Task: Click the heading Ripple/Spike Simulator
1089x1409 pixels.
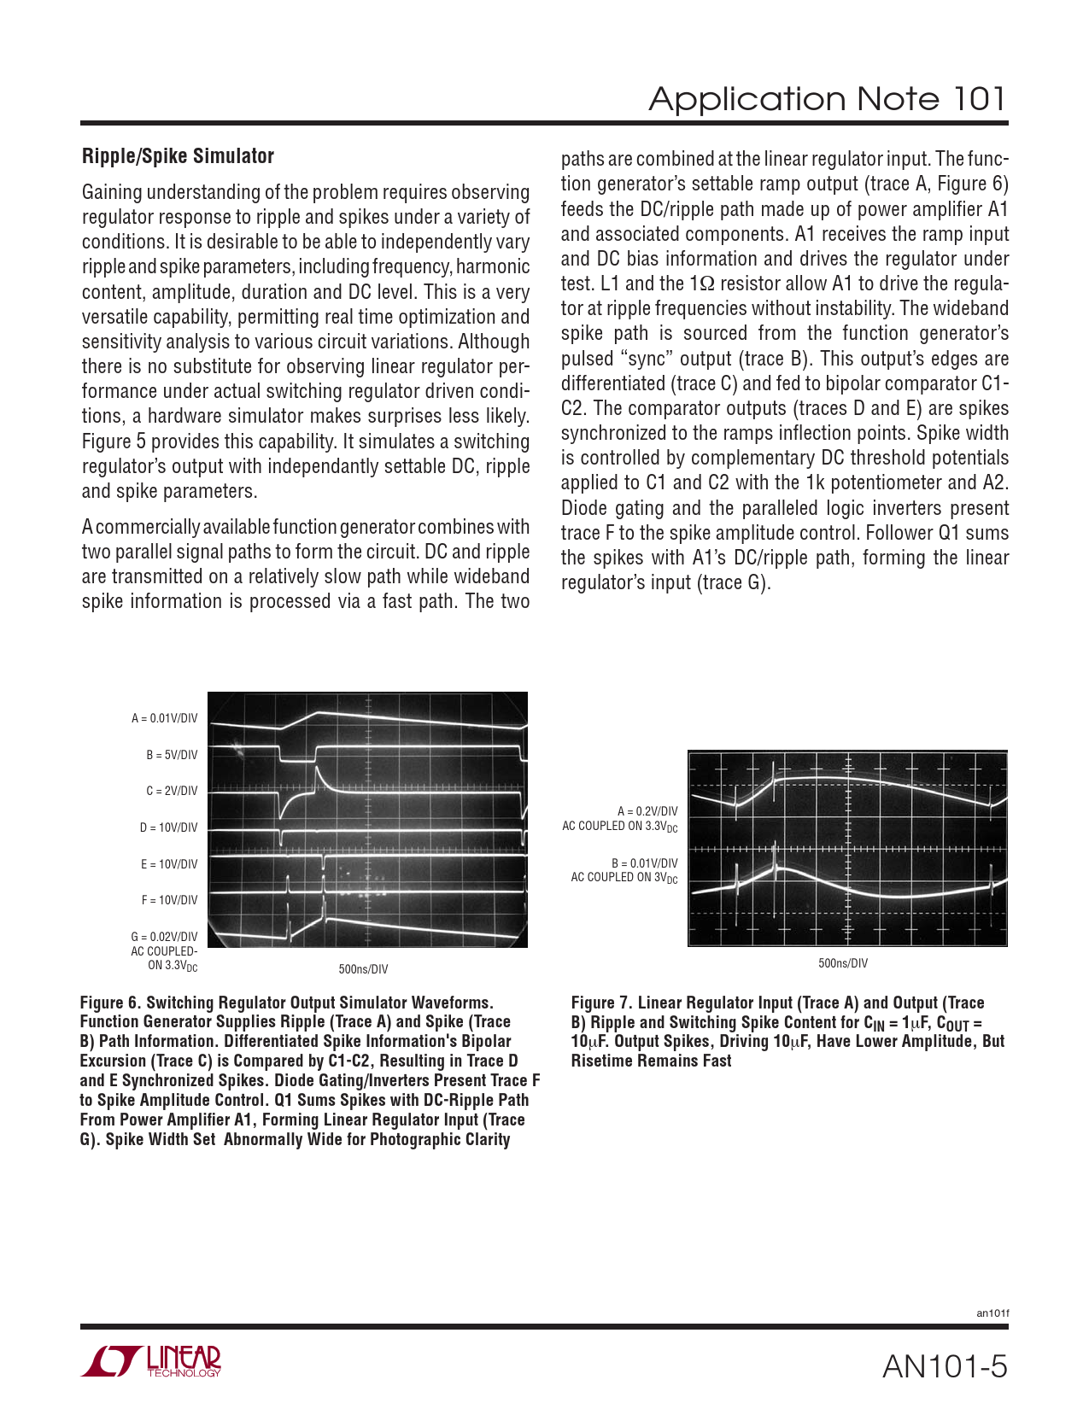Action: click(x=178, y=156)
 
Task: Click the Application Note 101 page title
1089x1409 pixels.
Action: click(x=827, y=99)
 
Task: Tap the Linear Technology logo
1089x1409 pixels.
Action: click(x=151, y=1361)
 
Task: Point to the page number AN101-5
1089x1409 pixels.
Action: click(x=945, y=1367)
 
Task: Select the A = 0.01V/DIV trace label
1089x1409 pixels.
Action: click(x=164, y=718)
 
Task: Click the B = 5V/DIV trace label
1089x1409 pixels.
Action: click(x=172, y=755)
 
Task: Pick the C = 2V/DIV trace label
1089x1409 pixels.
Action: click(x=172, y=791)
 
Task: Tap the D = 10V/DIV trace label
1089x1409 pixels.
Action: click(x=168, y=827)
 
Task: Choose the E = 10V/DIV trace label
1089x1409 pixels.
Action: click(x=169, y=864)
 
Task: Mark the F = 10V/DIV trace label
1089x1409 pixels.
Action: click(x=169, y=900)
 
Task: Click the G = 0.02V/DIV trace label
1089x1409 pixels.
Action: click(x=164, y=937)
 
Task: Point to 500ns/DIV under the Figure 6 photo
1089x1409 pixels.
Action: click(x=363, y=969)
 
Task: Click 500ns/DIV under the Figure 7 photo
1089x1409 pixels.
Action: click(x=843, y=963)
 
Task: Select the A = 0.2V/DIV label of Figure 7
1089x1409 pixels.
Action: click(x=647, y=811)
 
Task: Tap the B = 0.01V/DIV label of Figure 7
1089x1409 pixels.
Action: click(x=644, y=863)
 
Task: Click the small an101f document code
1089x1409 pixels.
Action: click(x=992, y=1313)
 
